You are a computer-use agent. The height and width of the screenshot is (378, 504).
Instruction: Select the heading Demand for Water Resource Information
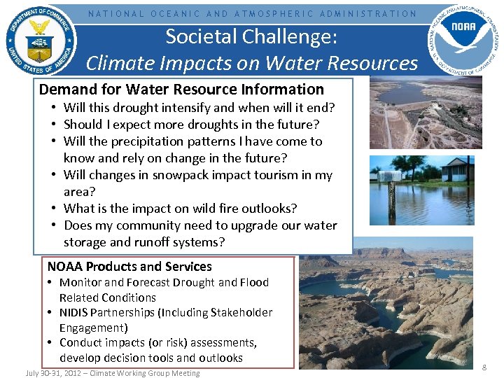coord(181,90)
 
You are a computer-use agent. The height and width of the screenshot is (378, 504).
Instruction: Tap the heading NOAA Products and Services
coord(129,267)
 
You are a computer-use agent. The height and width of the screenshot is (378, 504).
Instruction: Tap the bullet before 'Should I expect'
coord(53,125)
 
